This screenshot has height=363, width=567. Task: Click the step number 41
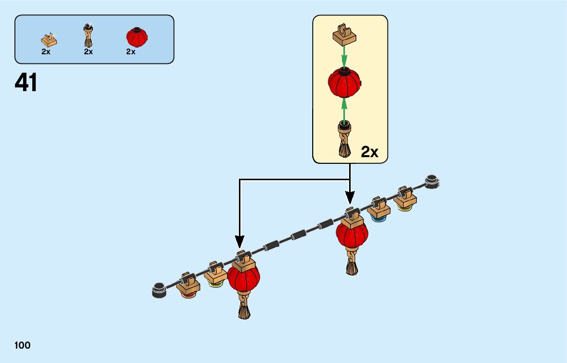[26, 82]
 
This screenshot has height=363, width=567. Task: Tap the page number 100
[23, 346]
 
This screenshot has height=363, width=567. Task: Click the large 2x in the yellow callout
[370, 152]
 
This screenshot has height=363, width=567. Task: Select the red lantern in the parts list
[136, 36]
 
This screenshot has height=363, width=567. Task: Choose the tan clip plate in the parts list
[49, 39]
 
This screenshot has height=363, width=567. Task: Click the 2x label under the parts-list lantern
[131, 51]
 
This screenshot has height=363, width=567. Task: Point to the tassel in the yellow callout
[344, 138]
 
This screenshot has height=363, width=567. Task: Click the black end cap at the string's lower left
[159, 289]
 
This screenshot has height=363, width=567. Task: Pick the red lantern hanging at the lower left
[244, 279]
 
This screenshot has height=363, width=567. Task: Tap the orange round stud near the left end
[187, 296]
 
